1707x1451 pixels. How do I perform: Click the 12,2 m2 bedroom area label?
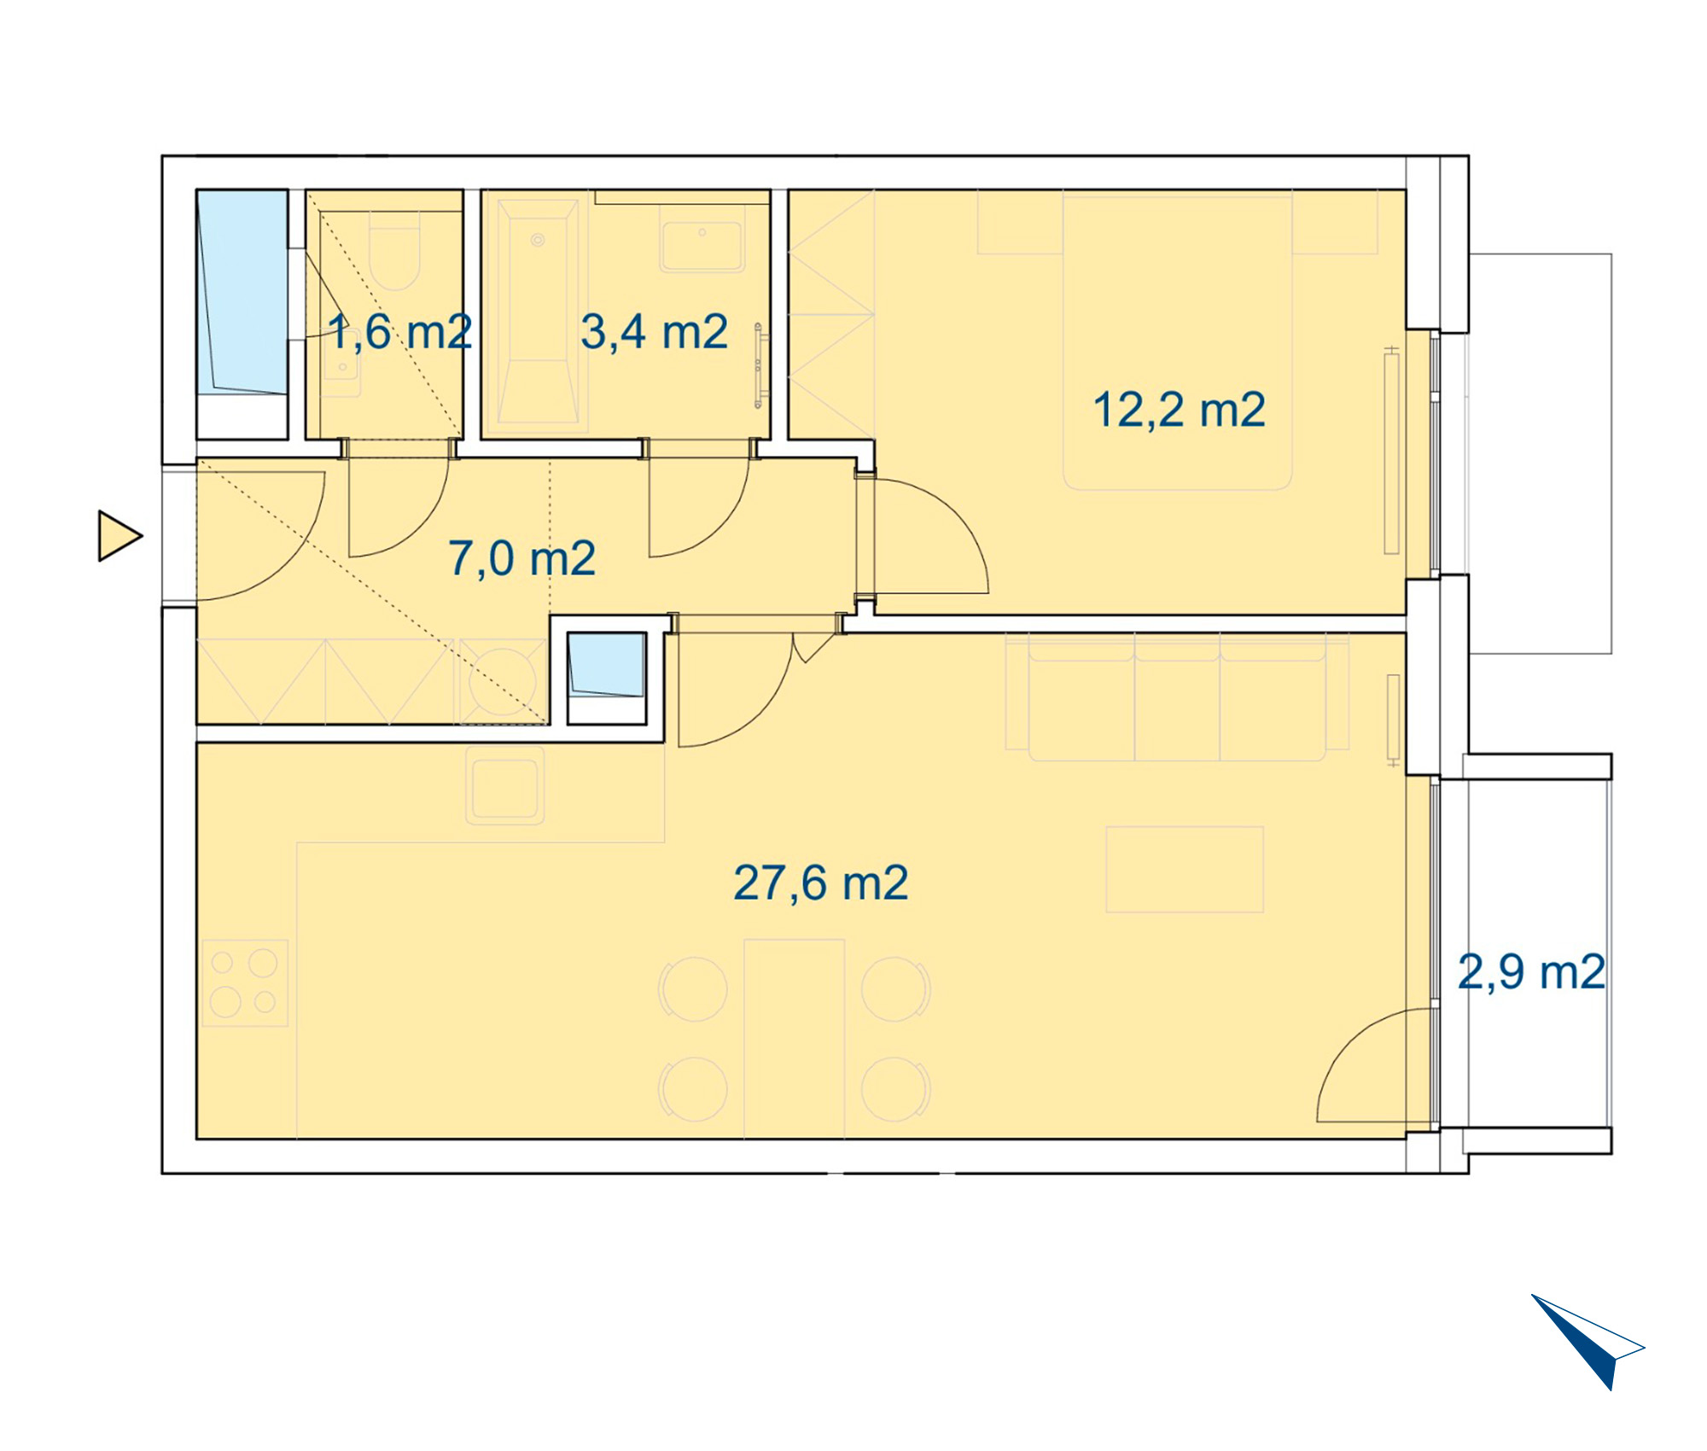pyautogui.click(x=1179, y=411)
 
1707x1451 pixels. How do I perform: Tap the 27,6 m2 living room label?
pyautogui.click(x=820, y=883)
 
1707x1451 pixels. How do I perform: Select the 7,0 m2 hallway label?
pyautogui.click(x=521, y=559)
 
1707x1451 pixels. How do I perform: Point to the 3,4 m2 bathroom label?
pyautogui.click(x=654, y=332)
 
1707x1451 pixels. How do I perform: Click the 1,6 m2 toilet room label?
pyautogui.click(x=400, y=332)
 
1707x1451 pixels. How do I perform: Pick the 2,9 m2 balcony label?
pyautogui.click(x=1531, y=972)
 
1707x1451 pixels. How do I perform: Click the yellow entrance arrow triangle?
pyautogui.click(x=119, y=536)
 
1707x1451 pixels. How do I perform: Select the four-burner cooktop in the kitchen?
pyautogui.click(x=245, y=982)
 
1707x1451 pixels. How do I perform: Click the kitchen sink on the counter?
pyautogui.click(x=505, y=785)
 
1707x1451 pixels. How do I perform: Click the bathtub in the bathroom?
pyautogui.click(x=538, y=312)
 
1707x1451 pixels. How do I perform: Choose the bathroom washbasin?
pyautogui.click(x=702, y=247)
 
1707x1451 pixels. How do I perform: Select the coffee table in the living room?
pyautogui.click(x=1185, y=869)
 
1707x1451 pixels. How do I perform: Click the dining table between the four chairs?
pyautogui.click(x=794, y=1039)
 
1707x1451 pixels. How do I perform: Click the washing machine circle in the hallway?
pyautogui.click(x=504, y=682)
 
